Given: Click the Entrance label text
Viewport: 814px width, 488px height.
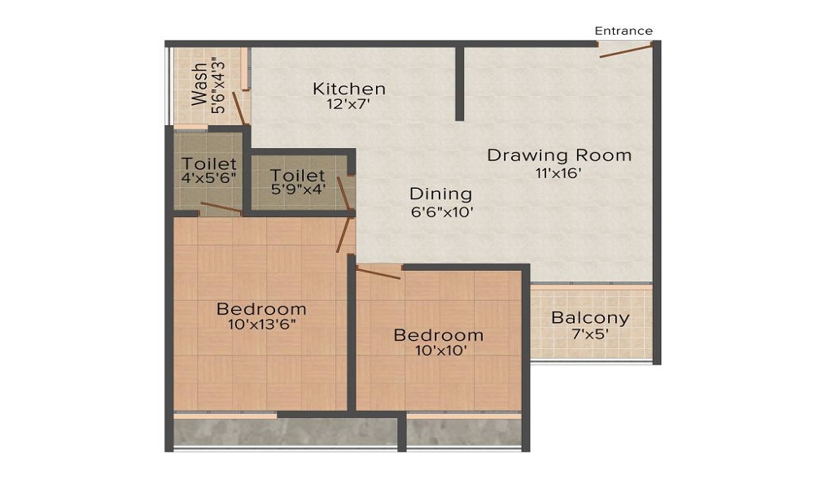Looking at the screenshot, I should coord(623,31).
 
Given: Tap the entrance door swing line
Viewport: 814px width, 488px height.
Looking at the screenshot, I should coord(626,51).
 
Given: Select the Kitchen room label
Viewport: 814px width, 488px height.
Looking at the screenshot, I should coord(349,89).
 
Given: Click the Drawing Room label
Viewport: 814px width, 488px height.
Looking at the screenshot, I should coord(558,155).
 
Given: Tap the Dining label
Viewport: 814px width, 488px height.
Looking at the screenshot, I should coord(440,194).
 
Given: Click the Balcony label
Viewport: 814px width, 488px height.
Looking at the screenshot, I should coord(590,318).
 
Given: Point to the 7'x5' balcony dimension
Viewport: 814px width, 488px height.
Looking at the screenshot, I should coord(590,334).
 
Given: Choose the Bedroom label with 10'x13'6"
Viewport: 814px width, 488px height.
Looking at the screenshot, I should coord(261,309).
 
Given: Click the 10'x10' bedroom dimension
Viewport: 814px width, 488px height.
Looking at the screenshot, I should coord(438,351).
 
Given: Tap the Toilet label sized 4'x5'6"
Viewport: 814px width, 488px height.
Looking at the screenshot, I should coord(209,163).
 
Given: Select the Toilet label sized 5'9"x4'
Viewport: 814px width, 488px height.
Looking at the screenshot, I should coord(297,176).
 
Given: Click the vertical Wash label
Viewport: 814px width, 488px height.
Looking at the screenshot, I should coord(199,84).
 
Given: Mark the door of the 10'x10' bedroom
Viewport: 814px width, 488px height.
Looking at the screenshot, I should coord(379,272).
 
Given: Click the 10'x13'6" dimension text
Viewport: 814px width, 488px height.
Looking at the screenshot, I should coord(261,325).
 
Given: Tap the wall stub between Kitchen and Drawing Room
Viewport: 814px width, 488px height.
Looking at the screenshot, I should coord(459,83).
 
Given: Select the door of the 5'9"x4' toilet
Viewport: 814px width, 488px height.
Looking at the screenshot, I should coord(345,195).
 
